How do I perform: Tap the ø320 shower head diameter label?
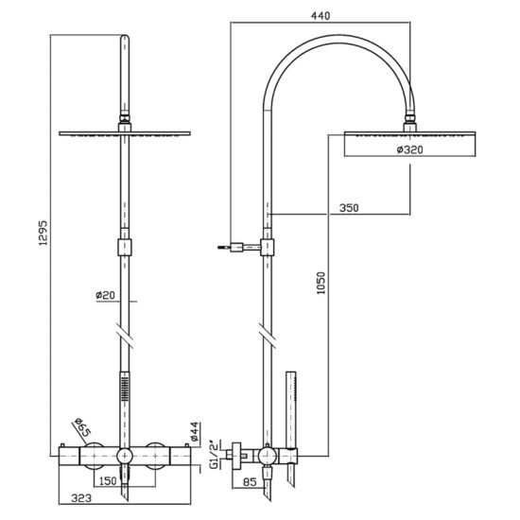409,148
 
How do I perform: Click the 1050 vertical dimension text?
321,286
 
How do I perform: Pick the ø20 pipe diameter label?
106,295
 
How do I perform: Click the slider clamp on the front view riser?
123,250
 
